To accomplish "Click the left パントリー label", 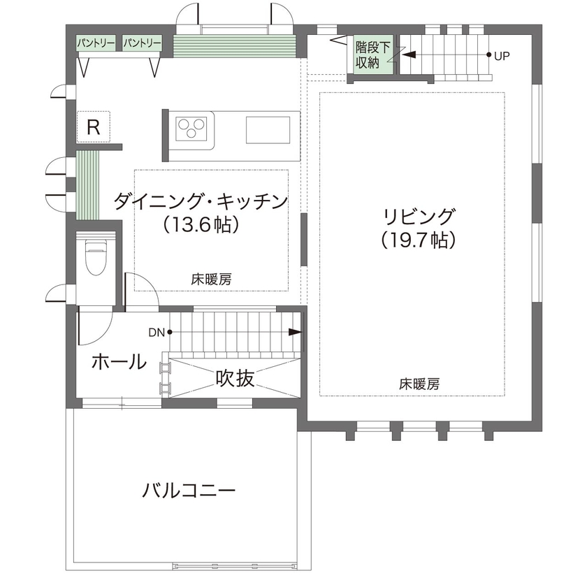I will (96, 43).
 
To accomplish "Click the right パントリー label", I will (143, 43).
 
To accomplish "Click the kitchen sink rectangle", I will (268, 129).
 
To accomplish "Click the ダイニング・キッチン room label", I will (200, 203).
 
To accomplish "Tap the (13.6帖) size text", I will (201, 225).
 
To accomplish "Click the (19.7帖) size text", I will (419, 240).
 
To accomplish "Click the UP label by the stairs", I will (502, 55).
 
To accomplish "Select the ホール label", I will (119, 362).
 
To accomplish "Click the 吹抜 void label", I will (234, 379).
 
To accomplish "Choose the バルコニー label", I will (189, 489).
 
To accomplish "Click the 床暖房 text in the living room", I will (419, 384).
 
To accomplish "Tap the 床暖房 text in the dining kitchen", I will (211, 279).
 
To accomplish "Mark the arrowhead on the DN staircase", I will (295, 333).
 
